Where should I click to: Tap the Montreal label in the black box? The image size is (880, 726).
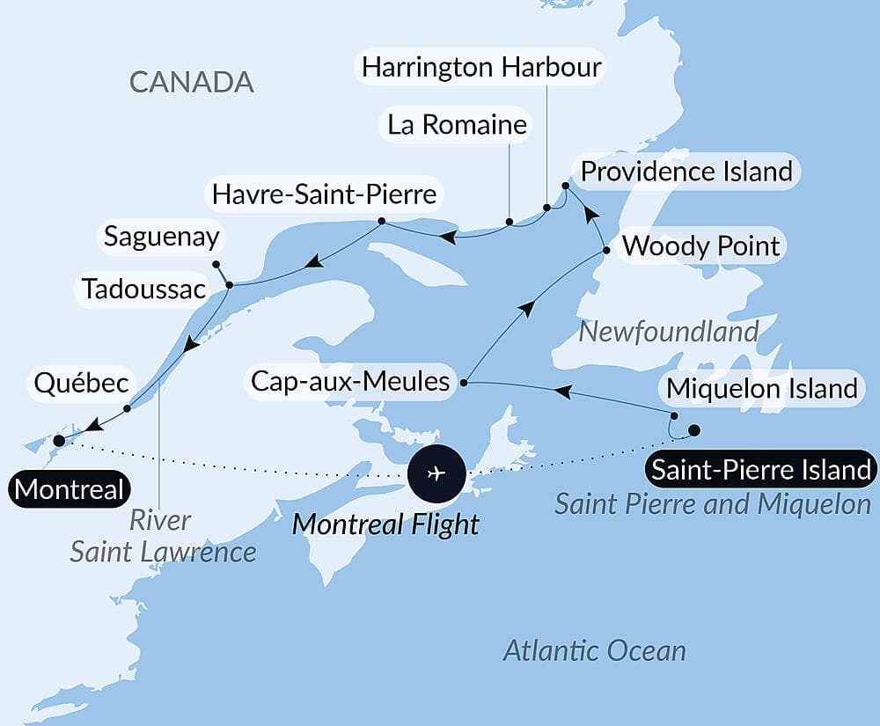(x=70, y=489)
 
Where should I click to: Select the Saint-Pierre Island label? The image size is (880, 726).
(x=760, y=469)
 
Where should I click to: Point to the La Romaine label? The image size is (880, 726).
(x=457, y=125)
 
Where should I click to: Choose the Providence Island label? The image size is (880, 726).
(x=686, y=171)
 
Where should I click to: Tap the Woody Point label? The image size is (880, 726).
(x=701, y=246)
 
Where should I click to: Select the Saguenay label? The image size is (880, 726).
(x=161, y=236)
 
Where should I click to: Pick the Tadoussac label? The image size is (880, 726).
(x=143, y=289)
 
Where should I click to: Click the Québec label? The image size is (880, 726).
(x=82, y=384)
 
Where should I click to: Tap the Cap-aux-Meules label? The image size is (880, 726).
(x=350, y=382)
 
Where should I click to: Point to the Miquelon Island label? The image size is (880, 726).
(x=761, y=387)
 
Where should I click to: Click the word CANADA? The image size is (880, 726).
(x=191, y=82)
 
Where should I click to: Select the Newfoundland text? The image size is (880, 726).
(x=669, y=332)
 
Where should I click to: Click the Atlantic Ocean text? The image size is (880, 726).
(x=594, y=651)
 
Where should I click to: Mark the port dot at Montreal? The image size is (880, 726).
(x=59, y=440)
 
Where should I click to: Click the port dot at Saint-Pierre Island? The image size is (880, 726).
(x=693, y=430)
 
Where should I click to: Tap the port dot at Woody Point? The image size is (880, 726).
(x=606, y=251)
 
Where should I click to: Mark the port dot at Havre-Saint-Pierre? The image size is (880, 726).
(x=382, y=221)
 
